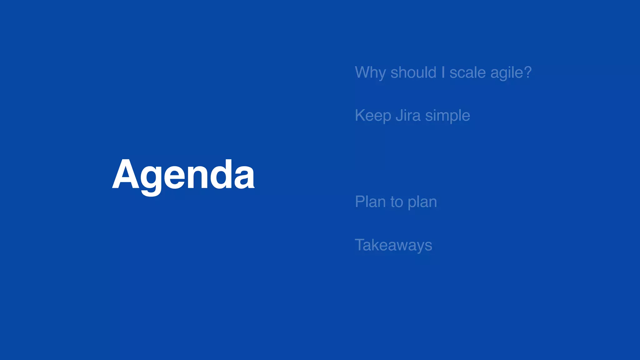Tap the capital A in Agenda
tap(126, 174)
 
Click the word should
tap(413, 72)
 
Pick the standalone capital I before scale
tap(443, 72)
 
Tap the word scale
tap(467, 72)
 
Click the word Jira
tap(408, 115)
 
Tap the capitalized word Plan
tap(370, 202)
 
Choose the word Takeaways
tap(393, 245)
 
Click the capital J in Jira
tap(399, 115)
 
